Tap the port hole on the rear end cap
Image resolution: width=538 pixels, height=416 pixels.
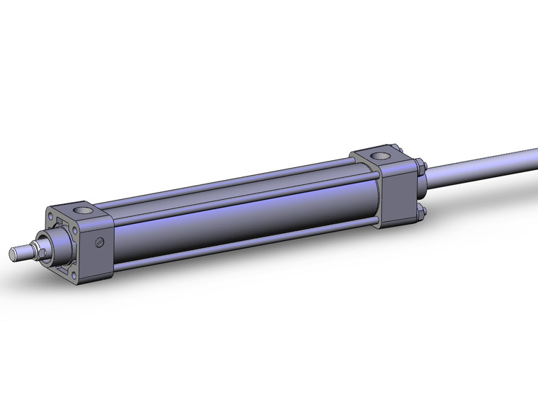(383, 154)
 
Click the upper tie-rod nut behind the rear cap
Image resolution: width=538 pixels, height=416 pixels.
(420, 169)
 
